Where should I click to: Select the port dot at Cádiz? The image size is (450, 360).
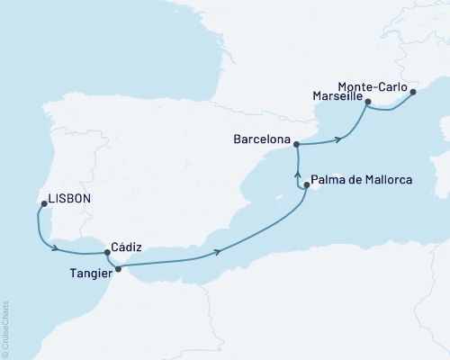point(107,253)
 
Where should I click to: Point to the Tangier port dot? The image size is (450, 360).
point(119,268)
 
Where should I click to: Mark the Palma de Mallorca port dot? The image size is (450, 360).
point(307,185)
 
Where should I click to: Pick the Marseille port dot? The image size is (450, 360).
point(368,103)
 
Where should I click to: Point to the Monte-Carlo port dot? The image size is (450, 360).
point(413,92)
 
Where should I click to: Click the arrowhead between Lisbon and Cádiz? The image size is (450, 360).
point(58,247)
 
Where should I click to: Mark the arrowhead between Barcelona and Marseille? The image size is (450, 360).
point(339,139)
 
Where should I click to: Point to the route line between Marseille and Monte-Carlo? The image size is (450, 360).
point(389,112)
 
